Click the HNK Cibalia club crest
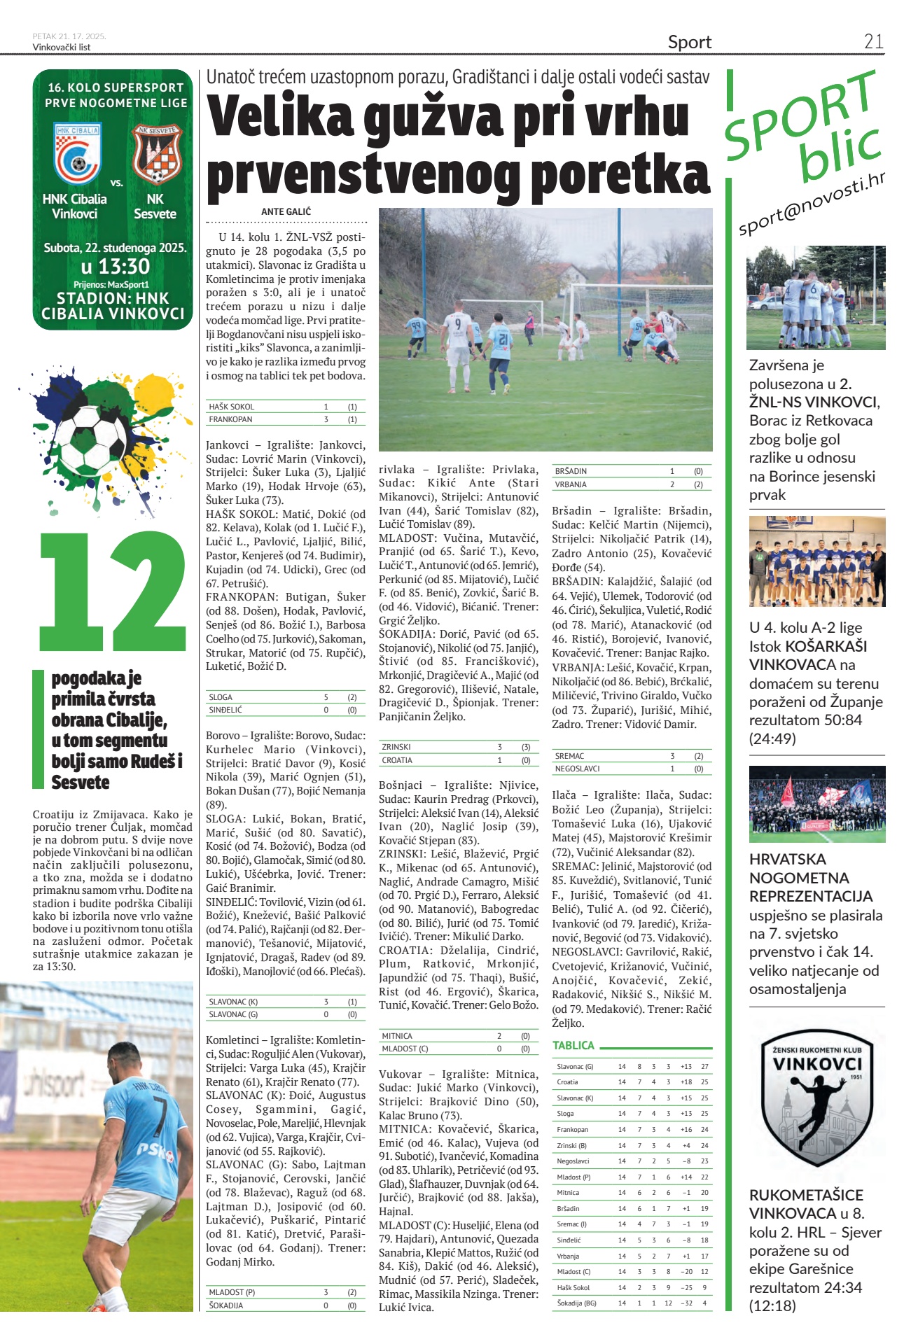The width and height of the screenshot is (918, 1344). [x=77, y=154]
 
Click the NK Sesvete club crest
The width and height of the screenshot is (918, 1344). [x=158, y=153]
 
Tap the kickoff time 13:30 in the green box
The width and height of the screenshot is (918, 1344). [x=115, y=267]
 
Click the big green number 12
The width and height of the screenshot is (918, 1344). [x=113, y=591]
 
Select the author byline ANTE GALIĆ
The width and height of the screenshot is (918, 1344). [x=286, y=211]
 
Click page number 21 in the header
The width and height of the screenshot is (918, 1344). [x=873, y=42]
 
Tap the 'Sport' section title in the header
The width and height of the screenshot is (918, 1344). [x=689, y=43]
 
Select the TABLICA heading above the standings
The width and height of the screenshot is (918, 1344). [x=573, y=1045]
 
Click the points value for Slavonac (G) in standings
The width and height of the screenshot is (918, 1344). [x=704, y=1067]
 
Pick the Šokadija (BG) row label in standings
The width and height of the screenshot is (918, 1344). [x=576, y=1303]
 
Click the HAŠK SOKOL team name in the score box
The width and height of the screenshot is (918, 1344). [x=232, y=407]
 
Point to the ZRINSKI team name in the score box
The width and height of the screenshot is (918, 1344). [x=396, y=748]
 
